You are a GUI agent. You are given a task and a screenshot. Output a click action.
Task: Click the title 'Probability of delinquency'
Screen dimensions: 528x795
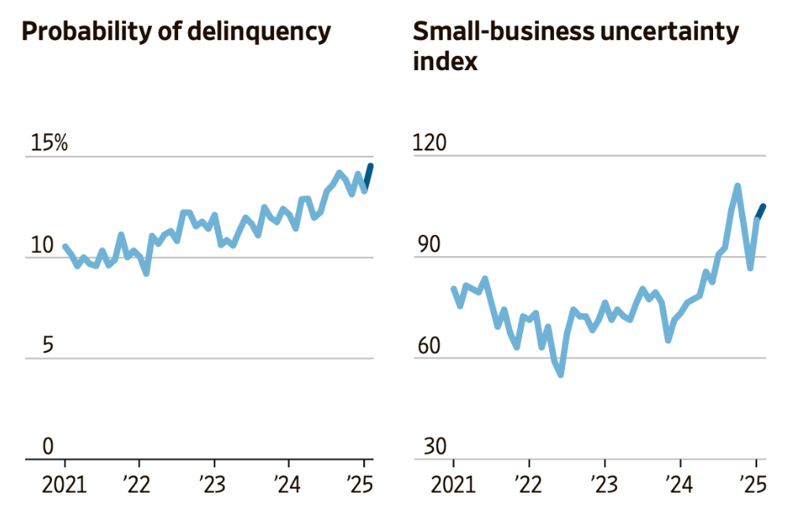pos(175,32)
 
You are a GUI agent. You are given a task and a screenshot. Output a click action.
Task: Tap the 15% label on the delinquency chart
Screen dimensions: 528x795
pos(49,143)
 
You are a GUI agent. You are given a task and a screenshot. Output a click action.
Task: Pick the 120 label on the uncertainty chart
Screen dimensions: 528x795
pos(429,143)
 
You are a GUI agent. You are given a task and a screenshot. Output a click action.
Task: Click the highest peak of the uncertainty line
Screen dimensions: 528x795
pos(737,187)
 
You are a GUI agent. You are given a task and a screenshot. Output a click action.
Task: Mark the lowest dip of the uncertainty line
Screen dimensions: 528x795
pos(561,374)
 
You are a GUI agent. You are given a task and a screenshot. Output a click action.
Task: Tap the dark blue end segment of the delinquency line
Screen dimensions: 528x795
pos(368,176)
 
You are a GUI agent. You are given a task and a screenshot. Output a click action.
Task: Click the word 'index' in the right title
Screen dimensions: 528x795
pos(445,61)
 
